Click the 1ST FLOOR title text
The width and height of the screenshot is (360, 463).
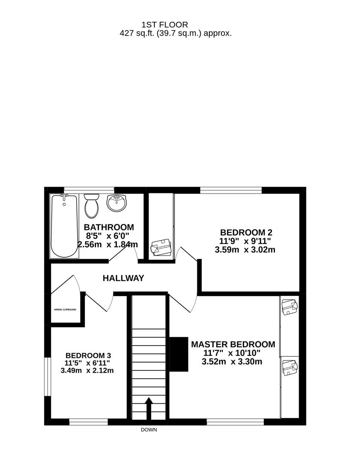click(x=165, y=25)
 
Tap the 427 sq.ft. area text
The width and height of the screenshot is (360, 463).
click(x=175, y=33)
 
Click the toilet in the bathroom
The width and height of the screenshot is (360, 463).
click(x=91, y=205)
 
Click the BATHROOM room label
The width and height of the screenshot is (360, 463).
click(x=109, y=227)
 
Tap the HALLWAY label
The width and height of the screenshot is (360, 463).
click(x=123, y=278)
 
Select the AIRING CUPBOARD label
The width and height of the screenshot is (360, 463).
click(x=65, y=309)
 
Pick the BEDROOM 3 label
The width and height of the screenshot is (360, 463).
click(x=88, y=355)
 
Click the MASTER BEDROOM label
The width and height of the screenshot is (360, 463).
click(x=233, y=344)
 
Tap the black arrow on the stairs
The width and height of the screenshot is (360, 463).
click(x=148, y=409)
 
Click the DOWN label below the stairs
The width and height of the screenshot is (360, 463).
click(x=149, y=430)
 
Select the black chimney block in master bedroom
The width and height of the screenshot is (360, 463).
click(x=179, y=354)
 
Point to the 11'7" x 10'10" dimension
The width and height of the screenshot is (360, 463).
click(x=232, y=353)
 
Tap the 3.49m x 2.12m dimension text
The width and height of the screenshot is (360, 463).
click(x=88, y=370)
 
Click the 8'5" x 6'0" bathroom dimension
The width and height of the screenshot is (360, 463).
click(x=107, y=236)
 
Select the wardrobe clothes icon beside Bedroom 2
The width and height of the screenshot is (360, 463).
click(x=161, y=248)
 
